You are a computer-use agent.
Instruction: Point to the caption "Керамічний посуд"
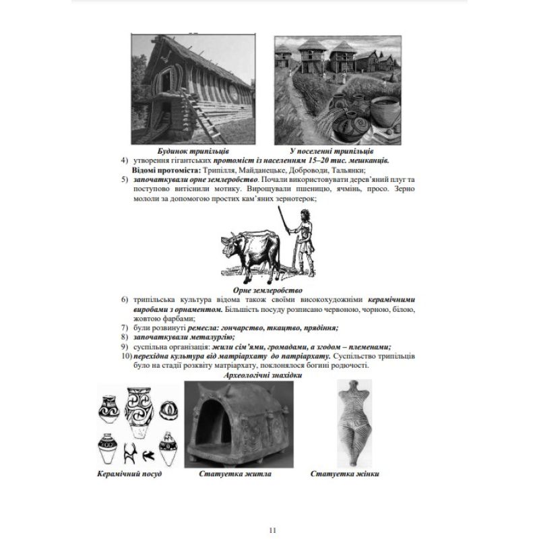[x=129, y=474]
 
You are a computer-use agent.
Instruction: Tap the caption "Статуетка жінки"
[x=344, y=474]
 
